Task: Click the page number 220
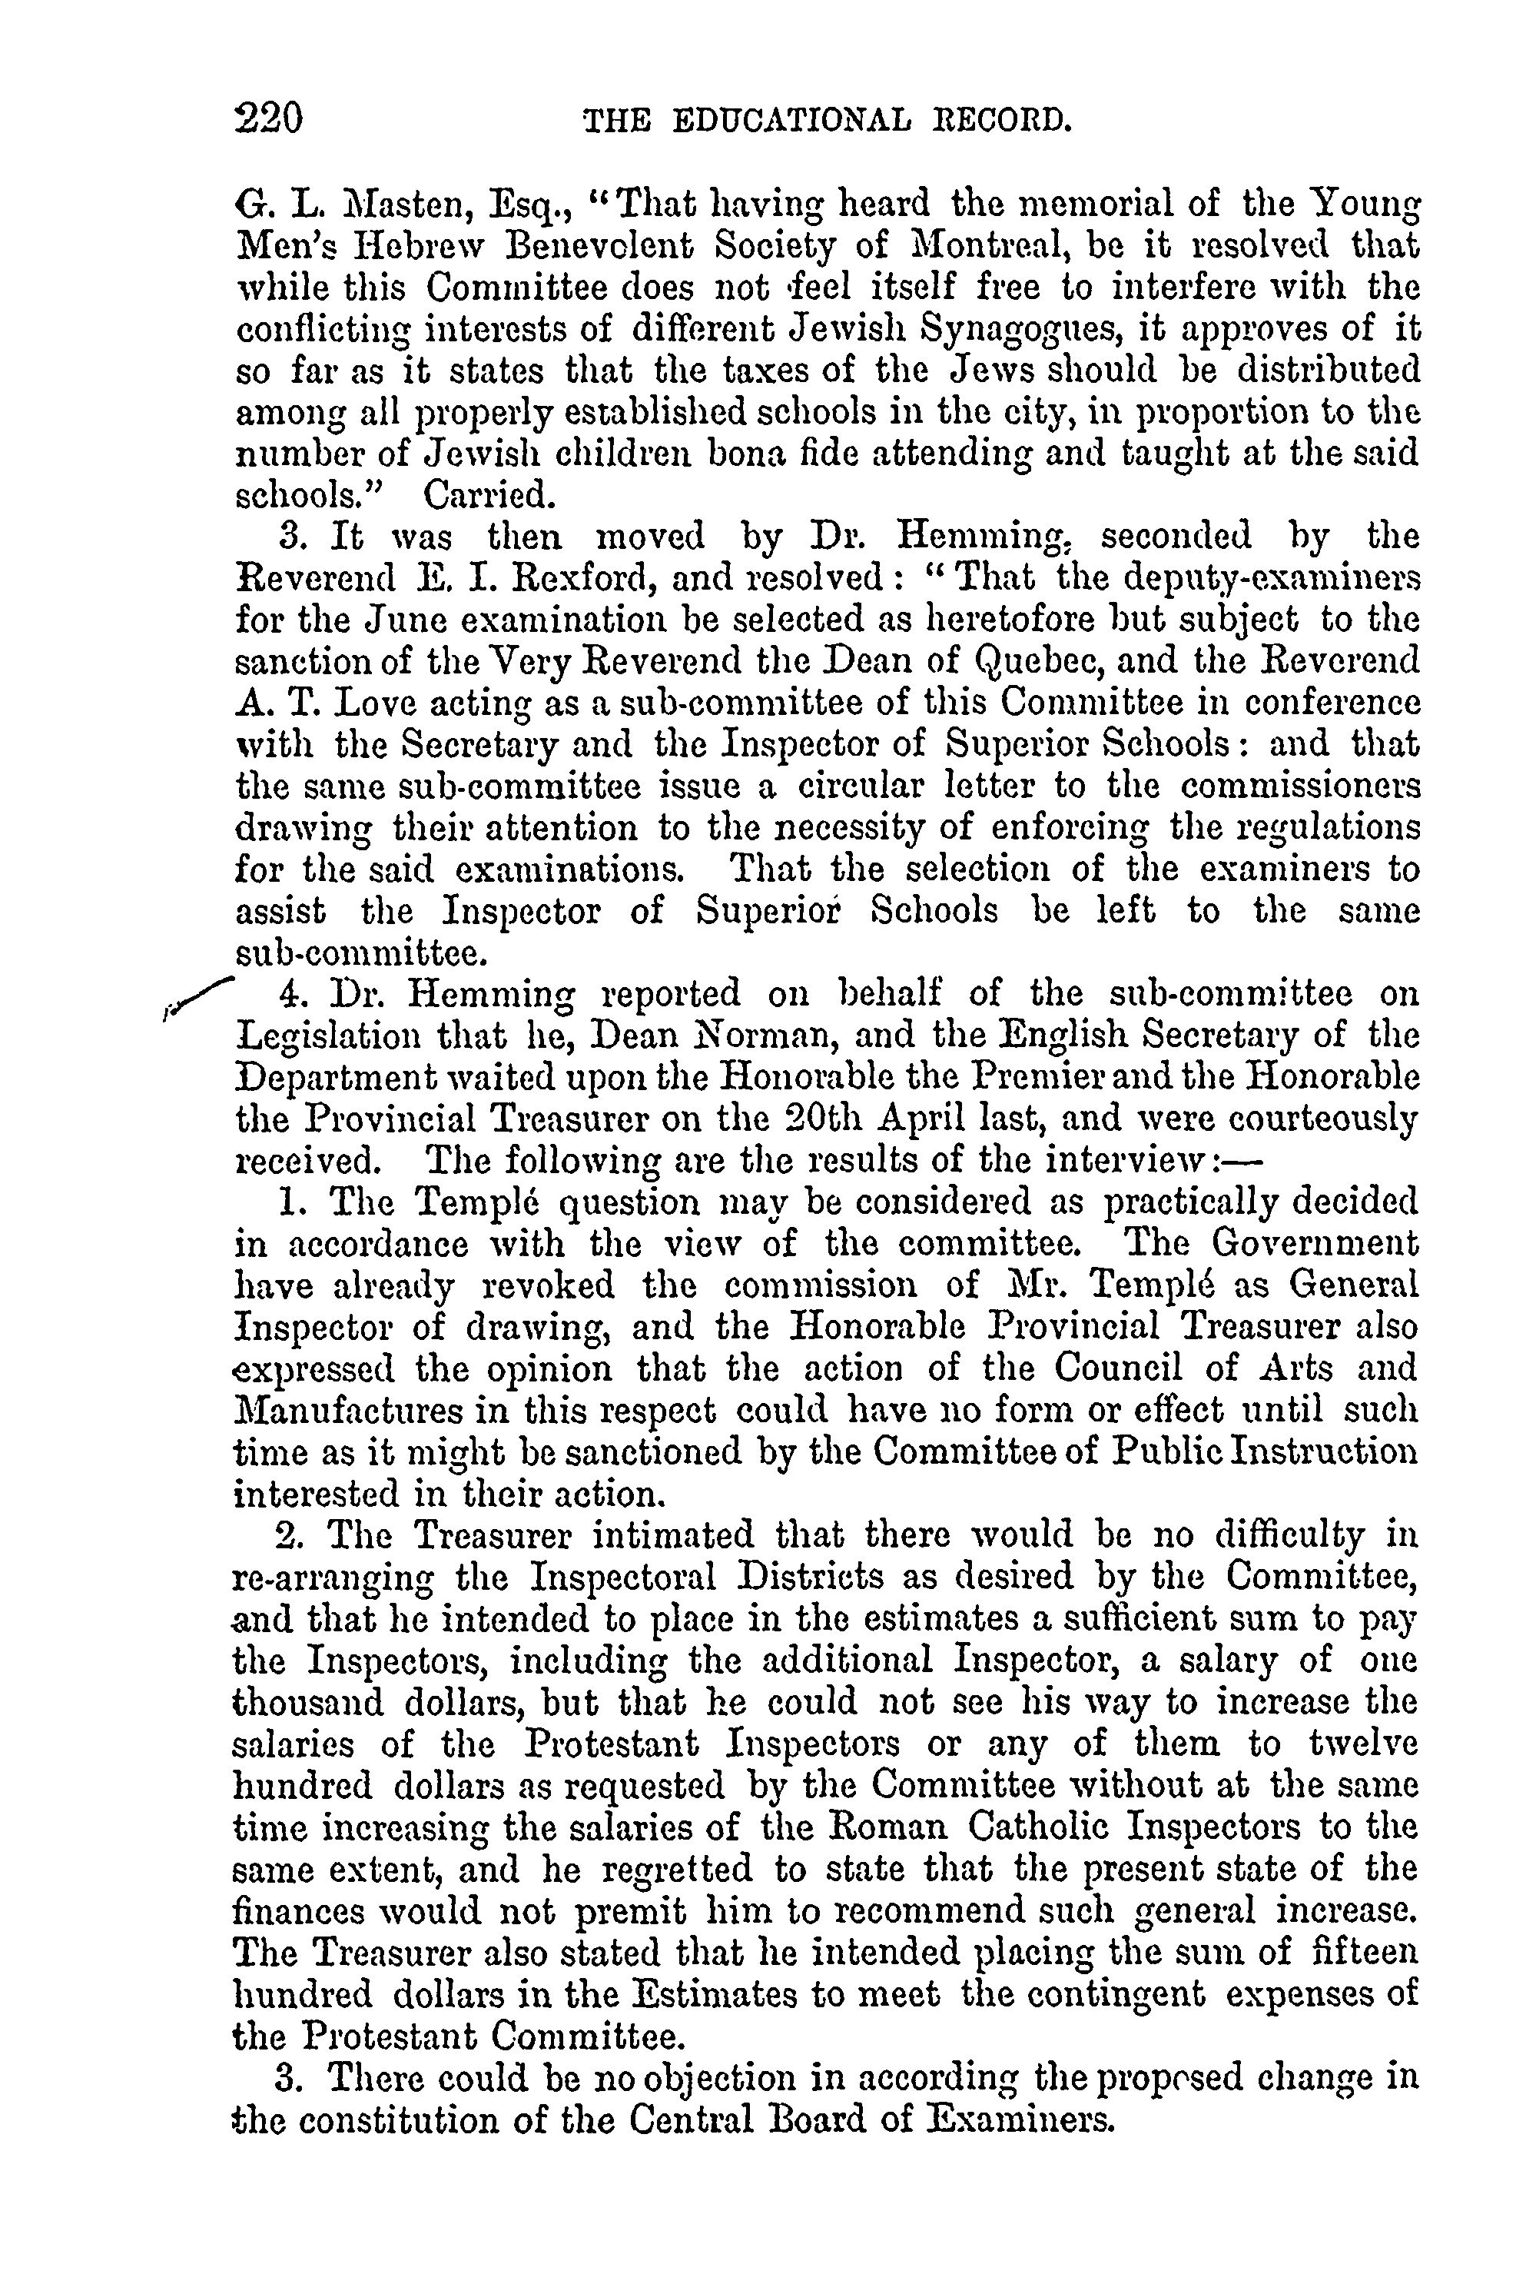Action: click(x=270, y=118)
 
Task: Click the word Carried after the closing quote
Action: click(x=489, y=496)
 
